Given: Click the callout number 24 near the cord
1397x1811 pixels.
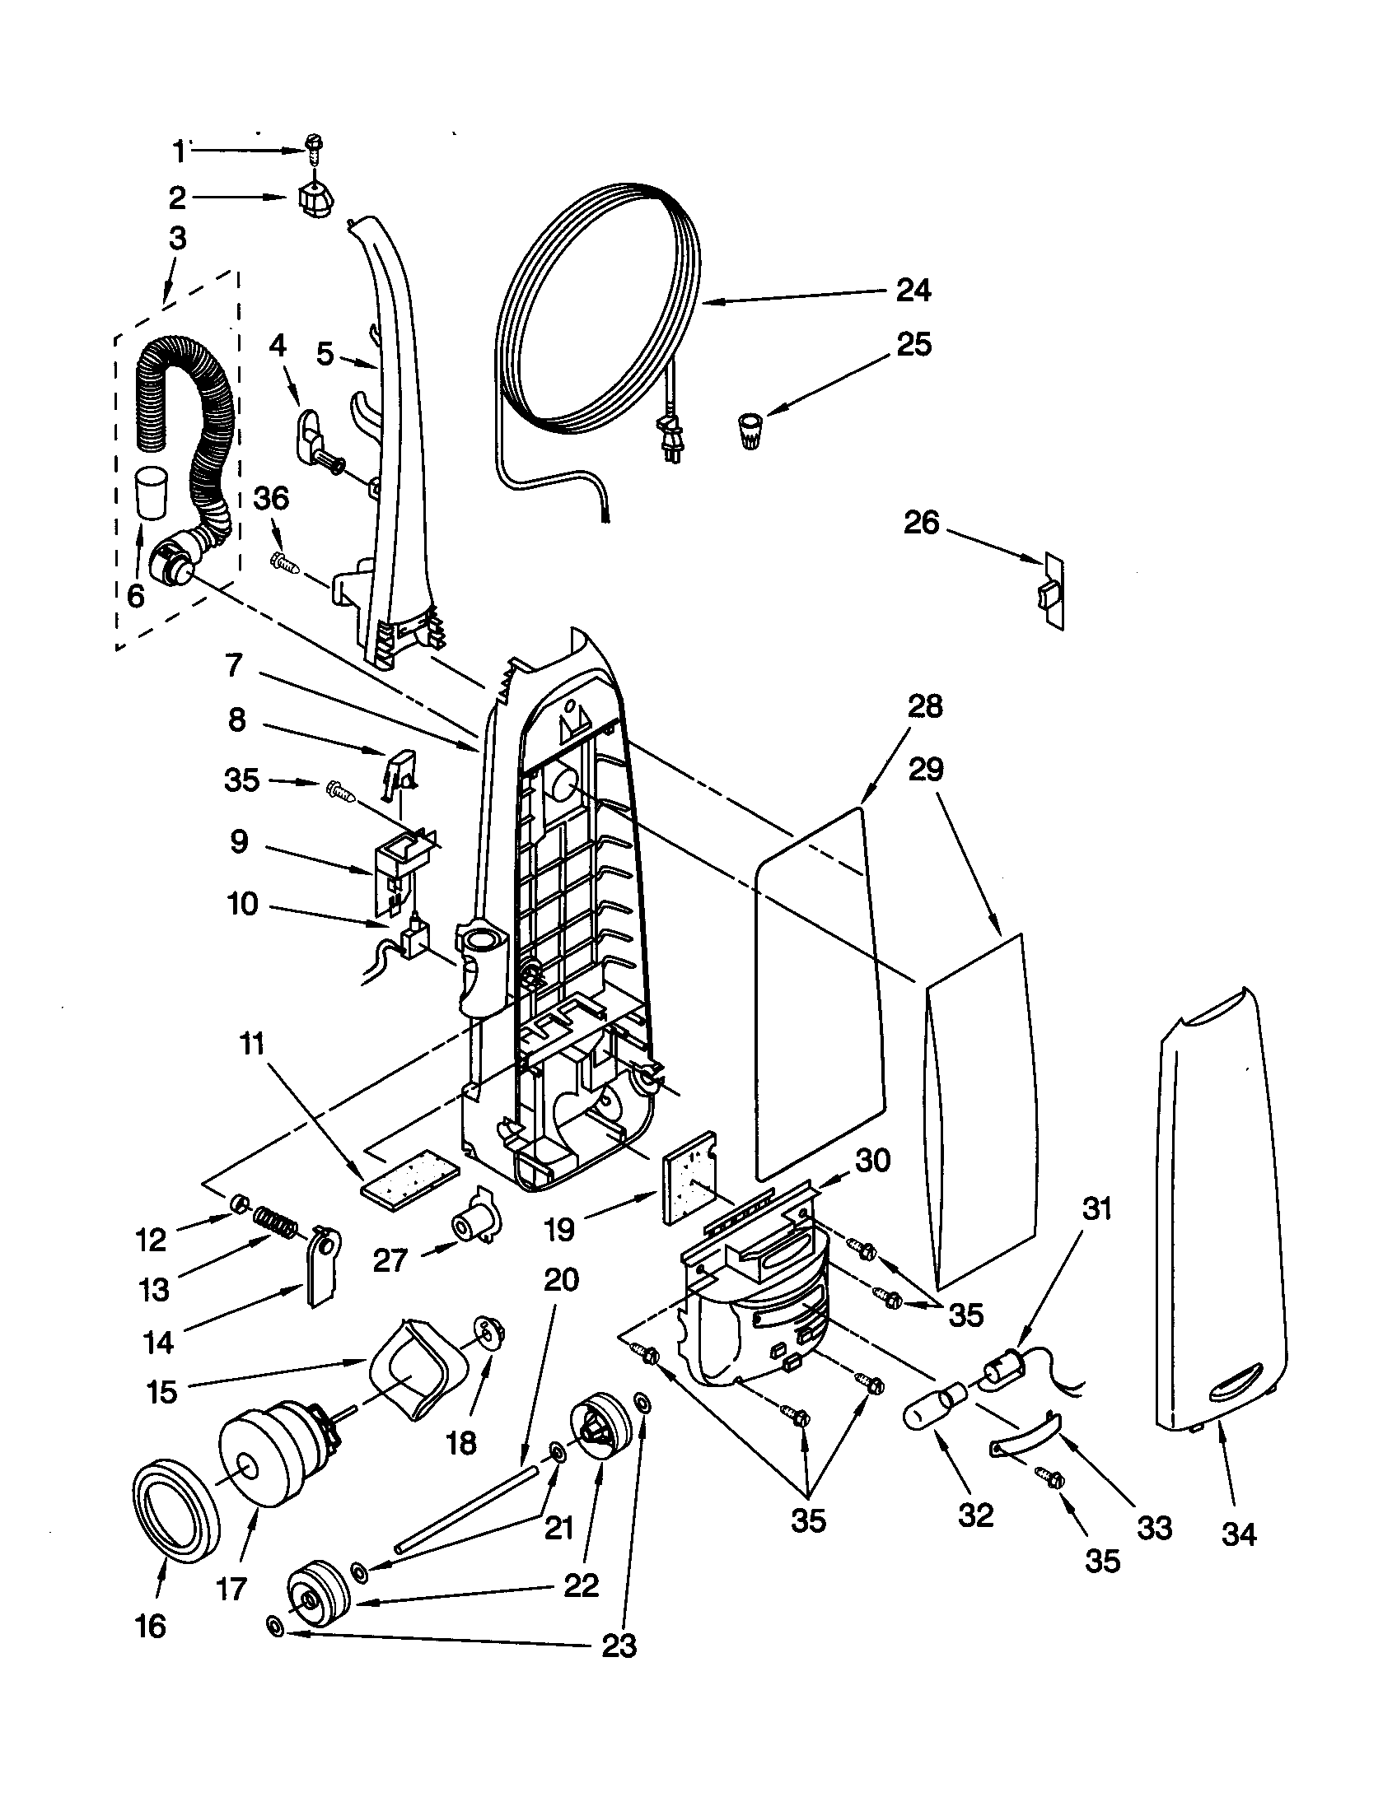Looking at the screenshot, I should [913, 290].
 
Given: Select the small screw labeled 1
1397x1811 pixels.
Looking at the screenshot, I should [314, 150].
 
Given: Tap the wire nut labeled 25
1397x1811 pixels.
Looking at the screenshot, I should [750, 432].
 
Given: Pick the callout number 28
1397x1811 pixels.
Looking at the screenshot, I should [925, 705].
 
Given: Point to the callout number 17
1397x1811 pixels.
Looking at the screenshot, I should [231, 1589].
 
